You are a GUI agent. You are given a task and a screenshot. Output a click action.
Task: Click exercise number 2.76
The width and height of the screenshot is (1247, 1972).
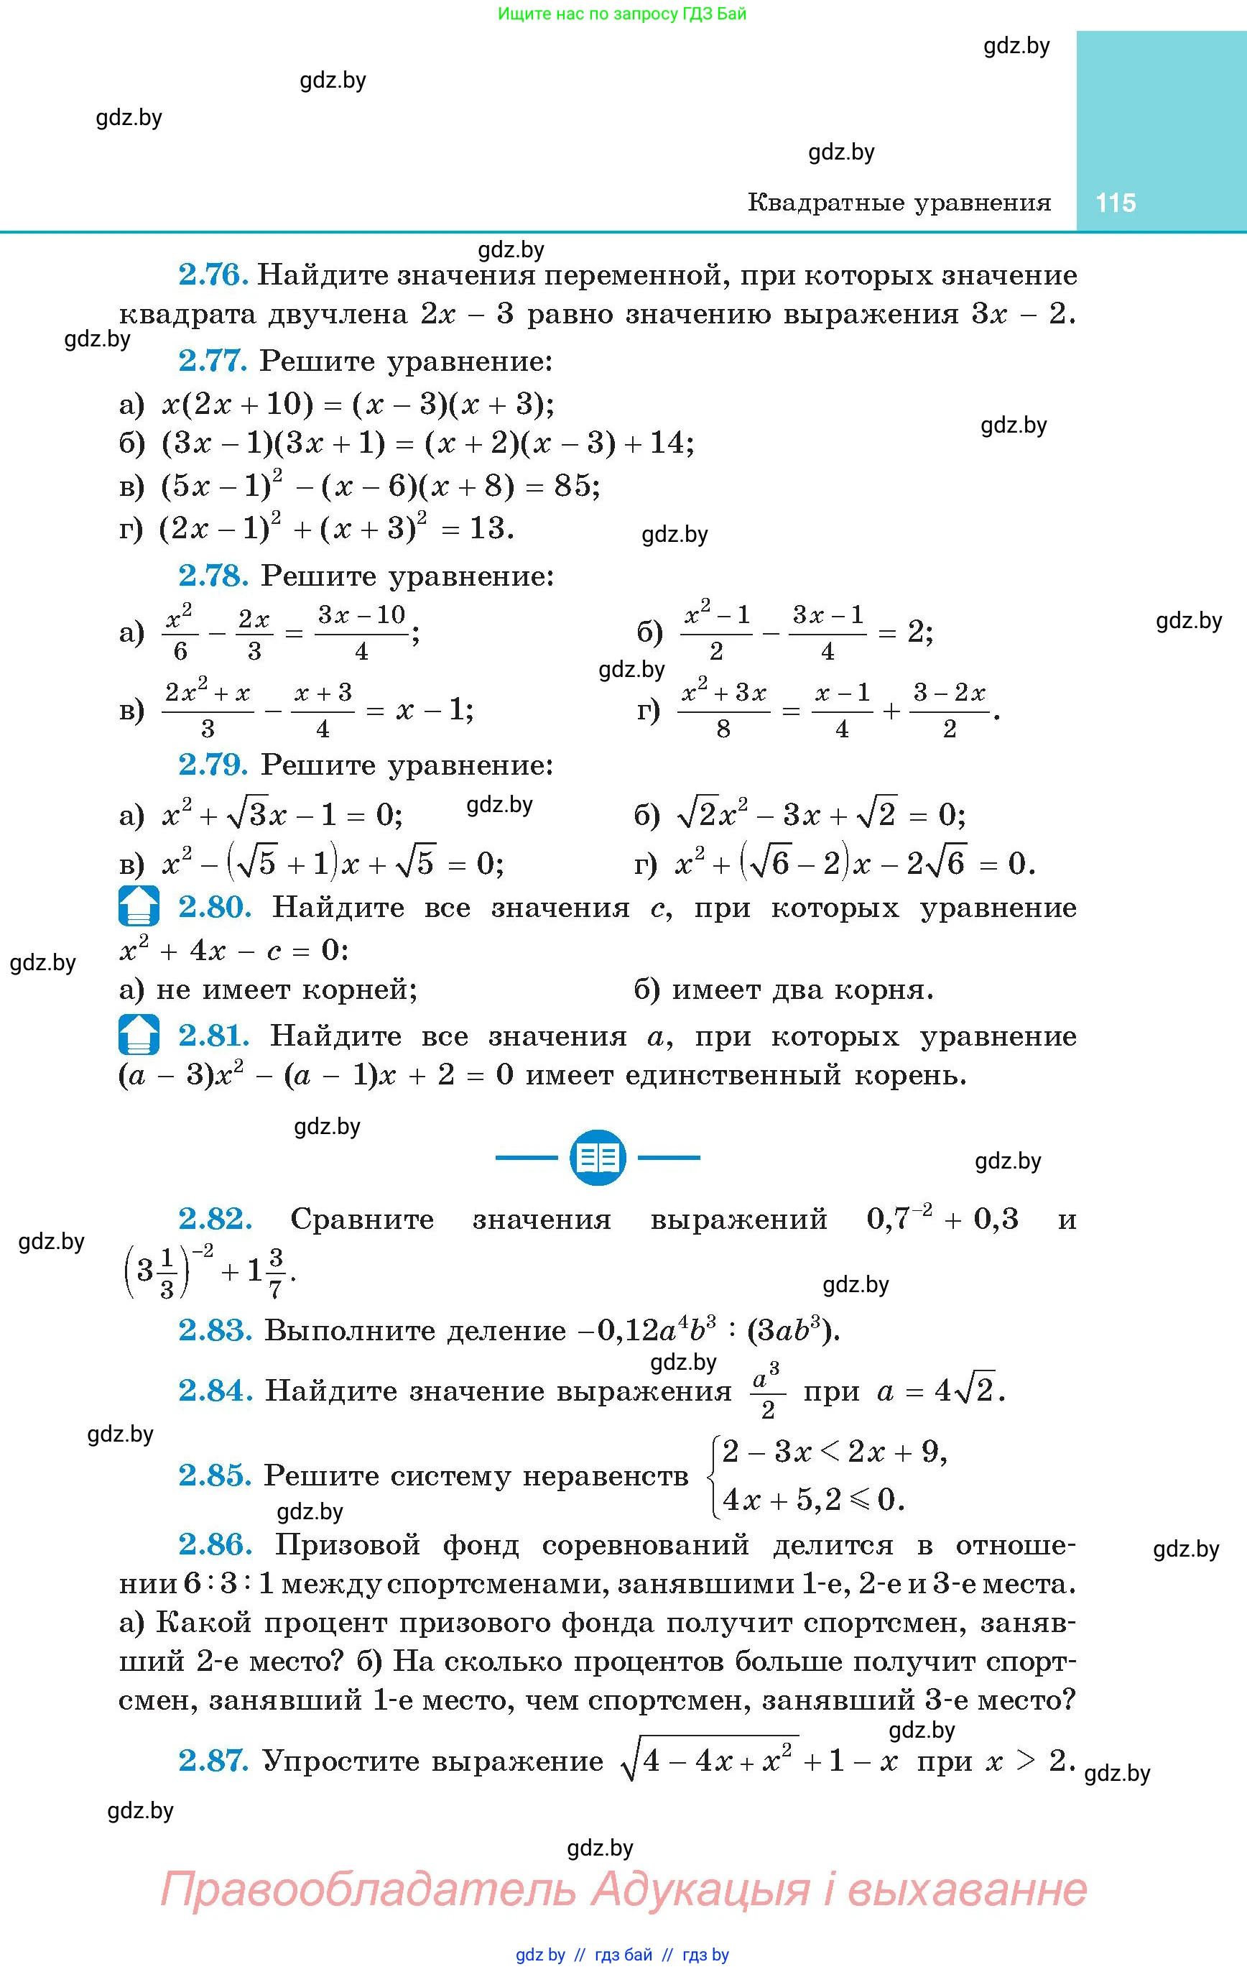click(x=213, y=275)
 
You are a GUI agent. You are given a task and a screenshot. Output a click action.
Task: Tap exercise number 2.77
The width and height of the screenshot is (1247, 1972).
click(x=213, y=361)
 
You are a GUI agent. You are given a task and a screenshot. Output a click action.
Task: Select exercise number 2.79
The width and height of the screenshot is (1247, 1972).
click(x=213, y=765)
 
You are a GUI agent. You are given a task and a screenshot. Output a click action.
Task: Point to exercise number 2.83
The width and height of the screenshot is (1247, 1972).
click(x=215, y=1330)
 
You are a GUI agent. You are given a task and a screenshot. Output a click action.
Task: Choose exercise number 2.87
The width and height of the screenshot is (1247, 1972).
click(x=213, y=1760)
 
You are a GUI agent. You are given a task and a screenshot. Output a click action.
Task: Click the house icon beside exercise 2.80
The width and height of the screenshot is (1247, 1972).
click(x=139, y=906)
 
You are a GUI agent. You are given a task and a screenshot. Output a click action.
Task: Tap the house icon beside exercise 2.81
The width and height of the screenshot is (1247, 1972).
click(x=139, y=1034)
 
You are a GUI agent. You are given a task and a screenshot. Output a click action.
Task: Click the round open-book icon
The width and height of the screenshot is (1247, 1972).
click(x=598, y=1157)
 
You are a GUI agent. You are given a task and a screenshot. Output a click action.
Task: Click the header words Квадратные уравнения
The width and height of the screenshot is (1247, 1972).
click(x=899, y=202)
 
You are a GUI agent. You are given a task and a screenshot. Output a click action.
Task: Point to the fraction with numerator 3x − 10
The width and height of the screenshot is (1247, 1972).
click(x=361, y=632)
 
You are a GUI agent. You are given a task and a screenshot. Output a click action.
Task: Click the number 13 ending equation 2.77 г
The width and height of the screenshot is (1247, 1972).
click(x=486, y=528)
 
